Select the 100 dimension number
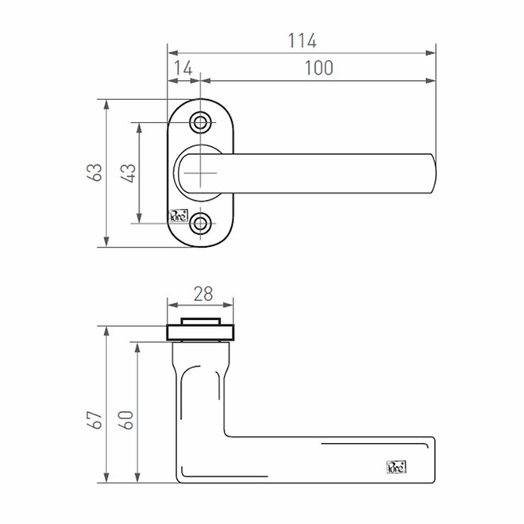tap(318, 68)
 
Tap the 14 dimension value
tap(183, 68)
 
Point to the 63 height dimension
tap(94, 172)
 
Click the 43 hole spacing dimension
tap(127, 172)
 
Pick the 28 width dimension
tap(202, 293)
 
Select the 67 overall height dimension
tap(94, 418)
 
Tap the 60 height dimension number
tap(127, 419)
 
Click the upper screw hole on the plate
tap(202, 122)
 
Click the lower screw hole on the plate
tap(202, 223)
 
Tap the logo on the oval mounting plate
tap(178, 214)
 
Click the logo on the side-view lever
tap(396, 467)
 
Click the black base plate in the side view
tap(201, 332)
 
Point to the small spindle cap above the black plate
tap(201, 321)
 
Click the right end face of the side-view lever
tap(433, 459)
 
